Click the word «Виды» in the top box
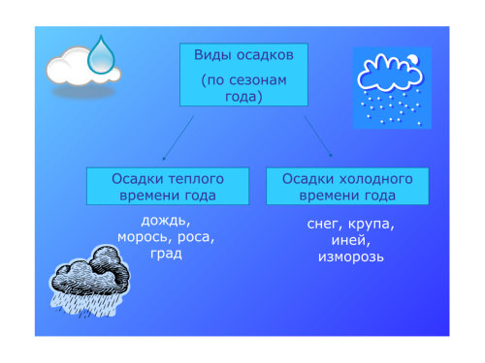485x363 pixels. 212,55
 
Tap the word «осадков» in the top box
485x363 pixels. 265,55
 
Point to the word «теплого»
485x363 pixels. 196,179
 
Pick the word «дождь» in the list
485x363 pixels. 165,221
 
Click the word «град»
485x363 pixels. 166,255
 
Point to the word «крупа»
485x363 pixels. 372,225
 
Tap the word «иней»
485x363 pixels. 350,240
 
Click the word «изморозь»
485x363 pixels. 351,257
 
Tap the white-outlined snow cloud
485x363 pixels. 390,74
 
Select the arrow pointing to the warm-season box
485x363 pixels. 178,138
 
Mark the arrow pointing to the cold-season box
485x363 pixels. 318,136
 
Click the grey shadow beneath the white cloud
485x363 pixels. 83,92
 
